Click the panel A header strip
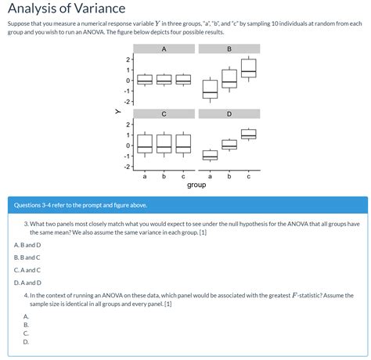[x=163, y=49]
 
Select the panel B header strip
[x=229, y=49]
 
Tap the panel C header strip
[x=163, y=114]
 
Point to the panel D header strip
[x=229, y=114]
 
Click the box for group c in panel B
[x=248, y=68]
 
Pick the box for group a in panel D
[x=210, y=155]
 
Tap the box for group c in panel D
[x=248, y=134]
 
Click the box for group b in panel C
[x=164, y=143]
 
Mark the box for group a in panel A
[x=145, y=79]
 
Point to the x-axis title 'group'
[x=196, y=185]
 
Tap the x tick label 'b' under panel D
[x=229, y=175]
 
